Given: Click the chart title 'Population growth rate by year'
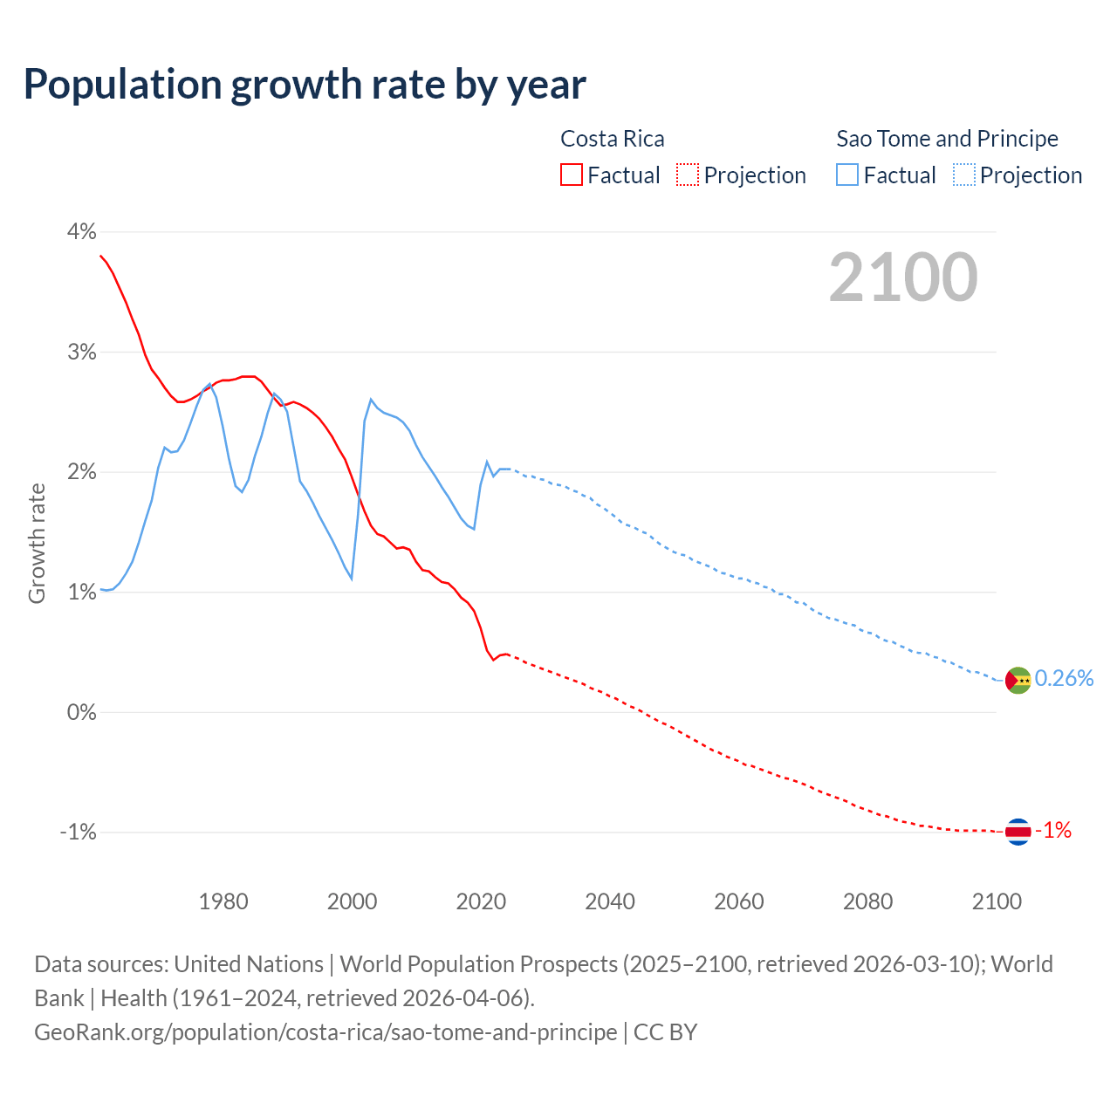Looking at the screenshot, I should click(305, 85).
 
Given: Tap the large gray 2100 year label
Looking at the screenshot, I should click(903, 278).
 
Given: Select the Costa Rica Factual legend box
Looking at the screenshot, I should click(572, 175).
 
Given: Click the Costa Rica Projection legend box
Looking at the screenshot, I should click(688, 175).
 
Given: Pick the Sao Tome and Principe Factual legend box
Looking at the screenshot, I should click(847, 175).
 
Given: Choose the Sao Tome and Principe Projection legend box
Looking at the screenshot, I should click(963, 175).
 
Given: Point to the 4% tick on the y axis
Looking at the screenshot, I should click(81, 232).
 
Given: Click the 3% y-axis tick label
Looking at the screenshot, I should click(81, 352).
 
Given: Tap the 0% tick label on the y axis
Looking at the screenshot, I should click(81, 712).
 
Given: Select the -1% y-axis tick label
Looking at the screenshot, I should click(78, 832).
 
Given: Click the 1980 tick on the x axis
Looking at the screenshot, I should click(223, 901).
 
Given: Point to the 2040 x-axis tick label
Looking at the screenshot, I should click(610, 901).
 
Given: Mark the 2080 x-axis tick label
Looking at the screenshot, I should click(867, 901).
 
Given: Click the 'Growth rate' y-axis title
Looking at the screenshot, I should click(37, 543).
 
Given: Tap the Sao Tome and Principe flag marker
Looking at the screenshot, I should click(1018, 680).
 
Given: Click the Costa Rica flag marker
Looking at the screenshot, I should click(1018, 832).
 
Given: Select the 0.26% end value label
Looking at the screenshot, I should click(1064, 679).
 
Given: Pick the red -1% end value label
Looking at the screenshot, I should click(1053, 831).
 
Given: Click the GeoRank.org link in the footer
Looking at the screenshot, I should click(326, 1032).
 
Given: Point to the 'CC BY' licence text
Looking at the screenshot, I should click(666, 1032).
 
